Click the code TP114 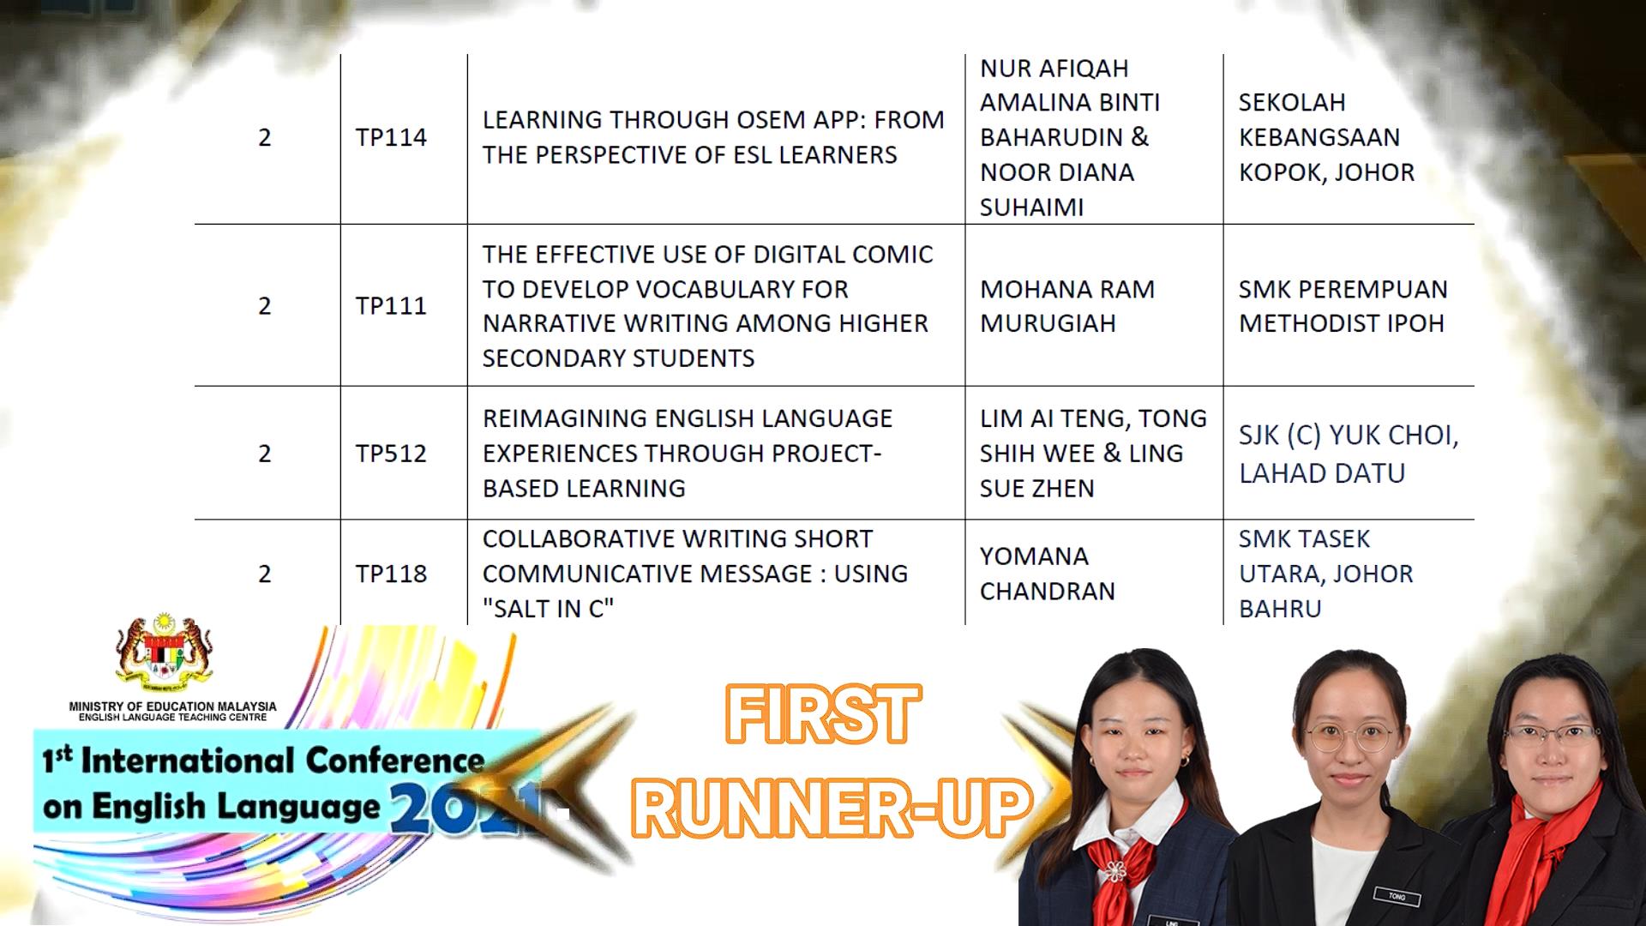[x=391, y=137]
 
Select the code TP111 [x=391, y=305]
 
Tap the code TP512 [x=391, y=453]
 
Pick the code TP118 [x=391, y=574]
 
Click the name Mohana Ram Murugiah [x=1067, y=306]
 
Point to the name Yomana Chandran [x=1048, y=574]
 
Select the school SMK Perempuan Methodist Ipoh [x=1343, y=306]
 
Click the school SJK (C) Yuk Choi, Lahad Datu [x=1349, y=454]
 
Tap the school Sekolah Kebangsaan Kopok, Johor [x=1327, y=137]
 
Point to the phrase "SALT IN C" [x=549, y=609]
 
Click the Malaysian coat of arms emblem [x=165, y=656]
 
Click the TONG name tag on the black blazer [x=1397, y=897]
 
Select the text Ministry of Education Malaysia [x=173, y=707]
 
